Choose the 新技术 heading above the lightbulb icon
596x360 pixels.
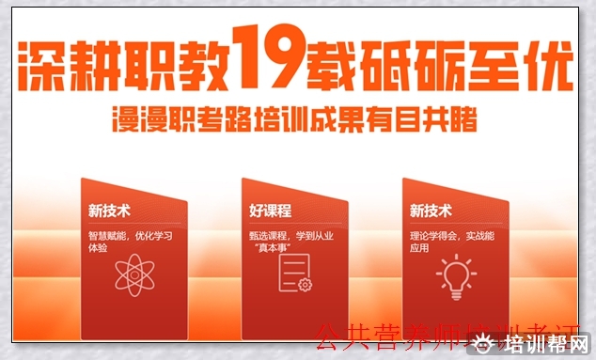pyautogui.click(x=431, y=211)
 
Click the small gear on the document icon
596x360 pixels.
pyautogui.click(x=305, y=284)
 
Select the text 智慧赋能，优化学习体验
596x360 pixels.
pyautogui.click(x=131, y=242)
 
